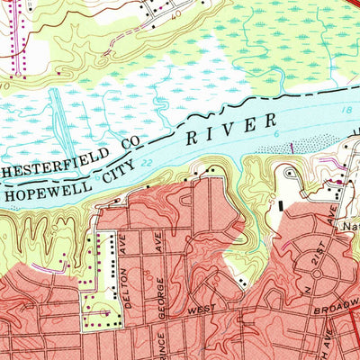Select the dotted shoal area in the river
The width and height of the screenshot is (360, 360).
click(x=297, y=144)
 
